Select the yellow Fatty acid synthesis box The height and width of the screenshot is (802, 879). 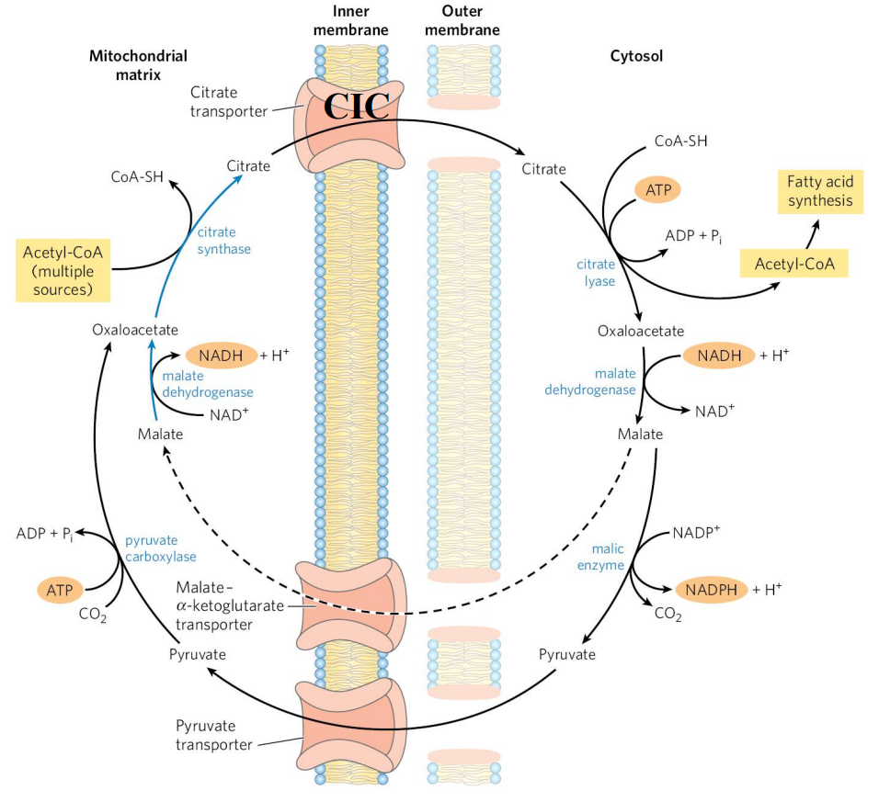[x=820, y=192]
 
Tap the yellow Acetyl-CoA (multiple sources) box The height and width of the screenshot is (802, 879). [x=63, y=270]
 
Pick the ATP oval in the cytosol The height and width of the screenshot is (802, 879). [x=657, y=190]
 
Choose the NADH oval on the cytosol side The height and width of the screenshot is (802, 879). [x=718, y=355]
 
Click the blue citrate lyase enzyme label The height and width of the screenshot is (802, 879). [x=596, y=273]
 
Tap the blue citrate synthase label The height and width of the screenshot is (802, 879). [x=223, y=241]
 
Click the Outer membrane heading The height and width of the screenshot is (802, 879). [x=463, y=20]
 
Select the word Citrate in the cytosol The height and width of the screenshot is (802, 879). [x=543, y=168]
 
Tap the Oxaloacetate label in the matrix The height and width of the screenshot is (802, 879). [x=135, y=329]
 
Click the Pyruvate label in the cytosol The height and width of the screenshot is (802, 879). [x=567, y=655]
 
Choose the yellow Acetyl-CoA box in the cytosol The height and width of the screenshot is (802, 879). [x=793, y=264]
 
